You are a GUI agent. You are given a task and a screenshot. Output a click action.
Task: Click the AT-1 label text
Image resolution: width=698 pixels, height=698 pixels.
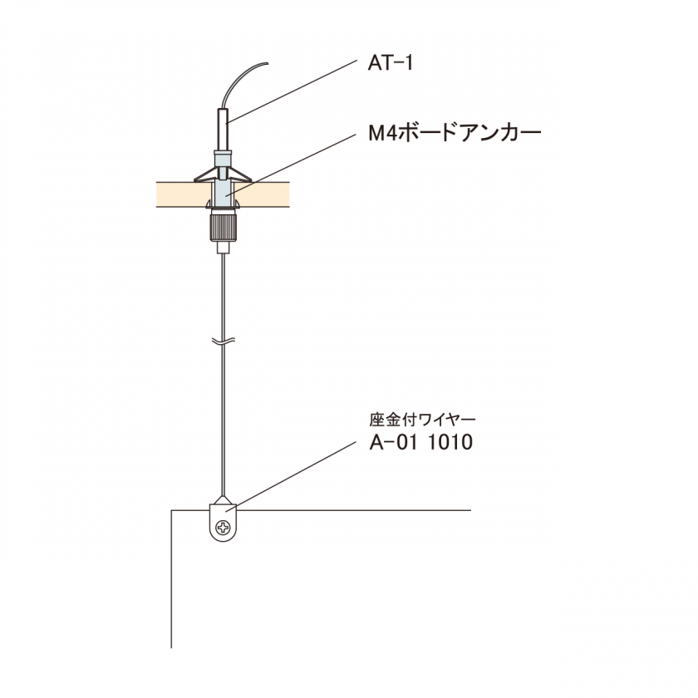tap(391, 63)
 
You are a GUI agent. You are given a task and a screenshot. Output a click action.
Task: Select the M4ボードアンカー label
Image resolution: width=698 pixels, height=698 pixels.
tap(455, 133)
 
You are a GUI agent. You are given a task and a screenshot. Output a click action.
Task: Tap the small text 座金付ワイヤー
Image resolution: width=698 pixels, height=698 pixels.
tap(422, 420)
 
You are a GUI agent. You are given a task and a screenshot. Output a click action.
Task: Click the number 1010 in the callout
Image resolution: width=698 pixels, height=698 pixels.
tap(450, 442)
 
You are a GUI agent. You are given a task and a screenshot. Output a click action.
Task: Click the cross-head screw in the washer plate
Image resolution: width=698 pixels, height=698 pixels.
tap(223, 528)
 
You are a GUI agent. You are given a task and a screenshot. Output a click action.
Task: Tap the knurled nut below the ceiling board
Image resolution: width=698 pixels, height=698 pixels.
tap(223, 227)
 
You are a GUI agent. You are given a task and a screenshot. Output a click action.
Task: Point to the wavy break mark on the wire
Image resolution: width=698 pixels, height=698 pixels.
tap(223, 342)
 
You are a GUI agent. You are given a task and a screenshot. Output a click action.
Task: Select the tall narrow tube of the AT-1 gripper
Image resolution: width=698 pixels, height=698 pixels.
tap(223, 129)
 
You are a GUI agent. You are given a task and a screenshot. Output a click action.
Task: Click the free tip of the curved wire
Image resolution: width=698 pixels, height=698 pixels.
tap(268, 63)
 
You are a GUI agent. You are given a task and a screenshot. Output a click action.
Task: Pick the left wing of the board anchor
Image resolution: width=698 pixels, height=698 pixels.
tap(205, 175)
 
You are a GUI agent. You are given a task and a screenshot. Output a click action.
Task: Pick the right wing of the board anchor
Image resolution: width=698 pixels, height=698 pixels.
tap(240, 175)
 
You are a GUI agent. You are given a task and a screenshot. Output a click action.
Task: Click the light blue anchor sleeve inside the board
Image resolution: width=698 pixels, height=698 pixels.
tap(223, 193)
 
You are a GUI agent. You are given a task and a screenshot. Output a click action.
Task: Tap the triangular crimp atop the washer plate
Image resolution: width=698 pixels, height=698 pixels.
tap(223, 500)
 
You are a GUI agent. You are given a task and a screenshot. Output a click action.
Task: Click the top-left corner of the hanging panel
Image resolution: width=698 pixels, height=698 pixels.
tap(172, 510)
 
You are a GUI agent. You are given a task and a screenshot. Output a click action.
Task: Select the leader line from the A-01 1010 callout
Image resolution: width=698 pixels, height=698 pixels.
tap(291, 477)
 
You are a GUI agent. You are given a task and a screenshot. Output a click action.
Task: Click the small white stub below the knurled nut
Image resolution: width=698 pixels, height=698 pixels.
tap(223, 247)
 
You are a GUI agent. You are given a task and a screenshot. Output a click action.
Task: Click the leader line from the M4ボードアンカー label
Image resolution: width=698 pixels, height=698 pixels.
tap(291, 165)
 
